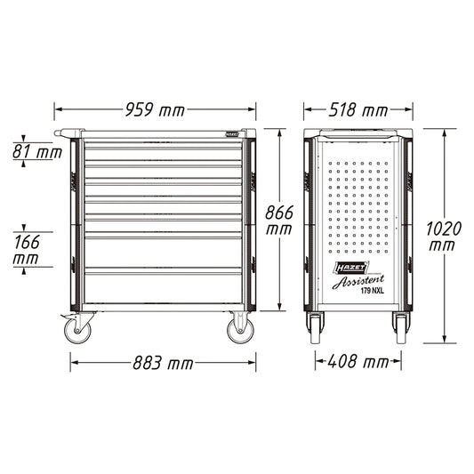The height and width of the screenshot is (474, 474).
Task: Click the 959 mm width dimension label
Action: [155, 109]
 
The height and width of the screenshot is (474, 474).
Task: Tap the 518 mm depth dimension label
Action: [358, 109]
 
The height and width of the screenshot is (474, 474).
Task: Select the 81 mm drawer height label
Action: [37, 152]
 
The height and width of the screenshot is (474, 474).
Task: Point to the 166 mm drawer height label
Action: [27, 250]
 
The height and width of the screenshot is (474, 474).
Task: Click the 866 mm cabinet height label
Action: [279, 220]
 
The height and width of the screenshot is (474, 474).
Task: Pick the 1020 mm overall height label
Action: [444, 237]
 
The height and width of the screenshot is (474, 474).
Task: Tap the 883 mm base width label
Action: [163, 363]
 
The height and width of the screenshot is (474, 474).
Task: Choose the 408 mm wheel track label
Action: [358, 362]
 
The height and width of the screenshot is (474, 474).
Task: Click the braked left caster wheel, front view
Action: [77, 331]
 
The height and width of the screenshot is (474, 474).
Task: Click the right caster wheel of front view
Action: [241, 331]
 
